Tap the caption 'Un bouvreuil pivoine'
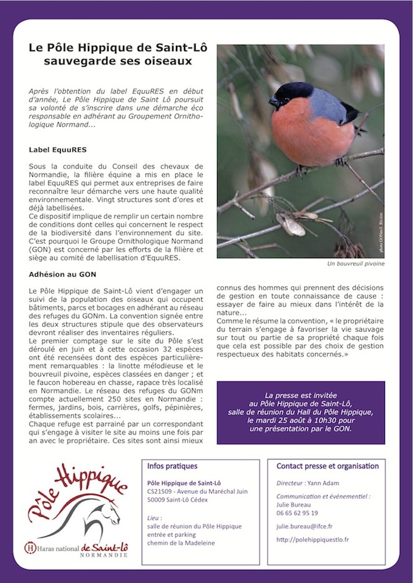356,264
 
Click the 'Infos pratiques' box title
172,466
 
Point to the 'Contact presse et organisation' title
328,466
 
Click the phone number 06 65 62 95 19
298,513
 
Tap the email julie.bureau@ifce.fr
305,526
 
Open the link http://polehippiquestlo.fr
313,539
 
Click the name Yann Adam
329,483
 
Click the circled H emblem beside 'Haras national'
29,547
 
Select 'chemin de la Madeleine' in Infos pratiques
181,543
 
